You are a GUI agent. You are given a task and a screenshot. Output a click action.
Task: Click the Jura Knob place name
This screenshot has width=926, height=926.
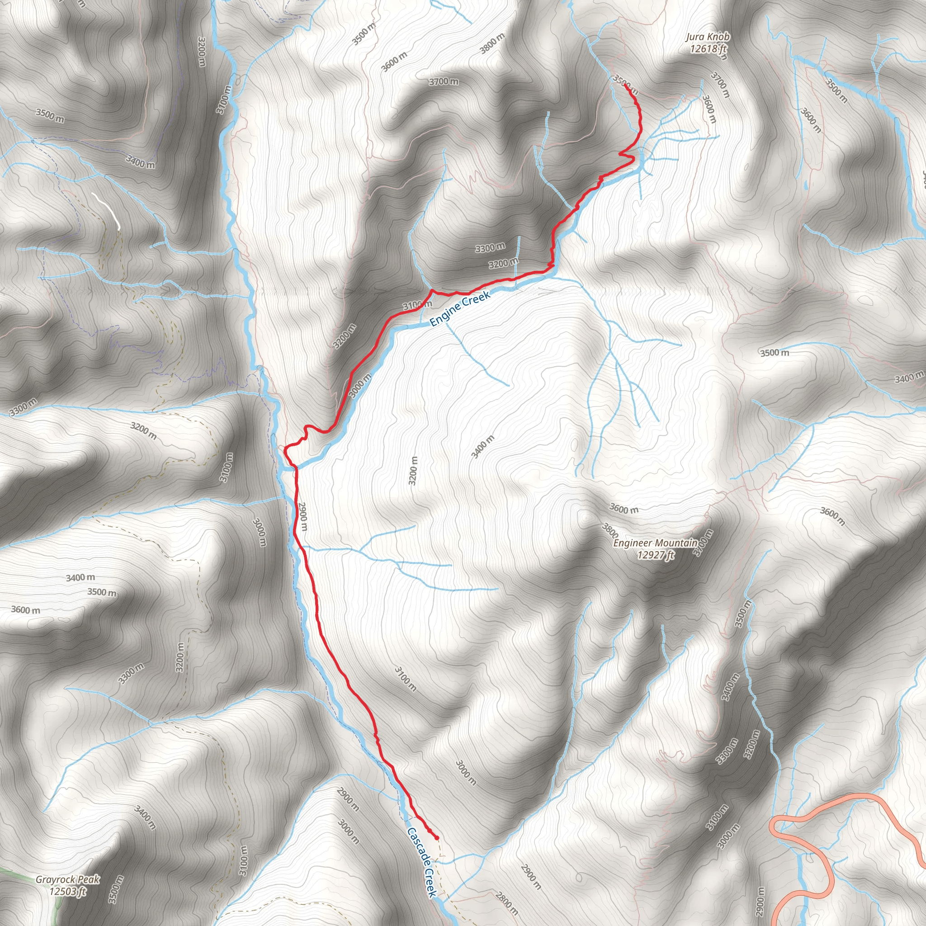[x=708, y=37]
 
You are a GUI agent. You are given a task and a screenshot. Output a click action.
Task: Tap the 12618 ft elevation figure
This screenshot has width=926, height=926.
[x=709, y=48]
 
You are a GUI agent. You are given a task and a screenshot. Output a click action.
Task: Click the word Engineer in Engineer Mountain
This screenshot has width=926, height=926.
[x=632, y=543]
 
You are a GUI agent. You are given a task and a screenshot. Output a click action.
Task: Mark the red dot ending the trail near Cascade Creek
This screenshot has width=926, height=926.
[x=436, y=838]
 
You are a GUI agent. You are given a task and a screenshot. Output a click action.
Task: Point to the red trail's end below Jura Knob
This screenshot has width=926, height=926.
[x=625, y=86]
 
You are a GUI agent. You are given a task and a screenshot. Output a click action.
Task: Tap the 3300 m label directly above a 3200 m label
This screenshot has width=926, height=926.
[x=490, y=248]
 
